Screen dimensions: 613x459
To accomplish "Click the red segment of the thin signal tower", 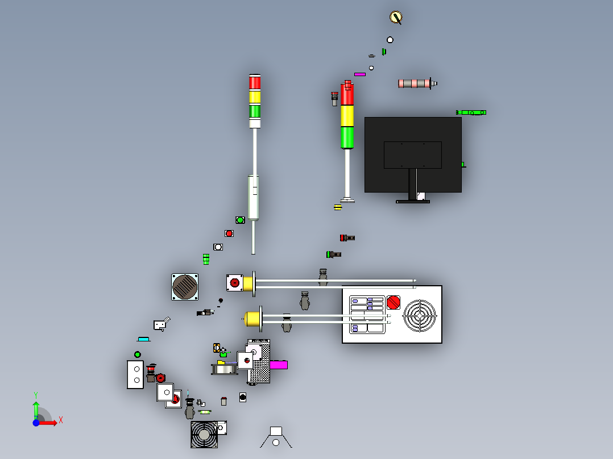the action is coord(255,83).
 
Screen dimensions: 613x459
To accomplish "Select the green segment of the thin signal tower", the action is coord(255,111).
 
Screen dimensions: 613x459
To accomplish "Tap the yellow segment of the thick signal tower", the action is coord(347,116).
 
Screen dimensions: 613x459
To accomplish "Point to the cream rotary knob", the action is coord(396,17).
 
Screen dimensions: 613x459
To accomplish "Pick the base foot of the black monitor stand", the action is coord(412,202).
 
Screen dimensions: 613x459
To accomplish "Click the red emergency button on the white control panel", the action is coord(394,302).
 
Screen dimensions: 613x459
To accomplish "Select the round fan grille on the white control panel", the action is coord(420,316).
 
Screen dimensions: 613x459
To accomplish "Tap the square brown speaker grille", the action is coord(185,287).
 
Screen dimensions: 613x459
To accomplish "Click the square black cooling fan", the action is coord(204,435).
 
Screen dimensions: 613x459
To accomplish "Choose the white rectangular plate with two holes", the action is coord(135,374).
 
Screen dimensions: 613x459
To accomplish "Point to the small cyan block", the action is coord(143,339).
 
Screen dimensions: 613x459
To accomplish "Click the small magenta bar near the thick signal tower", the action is coord(359,74).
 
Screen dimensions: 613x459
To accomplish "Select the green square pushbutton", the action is coord(240,220).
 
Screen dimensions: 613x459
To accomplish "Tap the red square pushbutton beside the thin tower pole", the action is coord(229,233).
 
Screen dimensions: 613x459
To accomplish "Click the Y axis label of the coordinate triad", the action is coord(36,395).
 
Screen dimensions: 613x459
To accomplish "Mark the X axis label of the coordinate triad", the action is coord(61,420).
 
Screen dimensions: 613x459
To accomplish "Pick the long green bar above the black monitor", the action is coord(471,112).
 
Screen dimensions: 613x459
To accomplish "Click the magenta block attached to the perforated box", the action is coord(279,365).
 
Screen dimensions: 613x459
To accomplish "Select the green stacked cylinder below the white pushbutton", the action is coord(206,259).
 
